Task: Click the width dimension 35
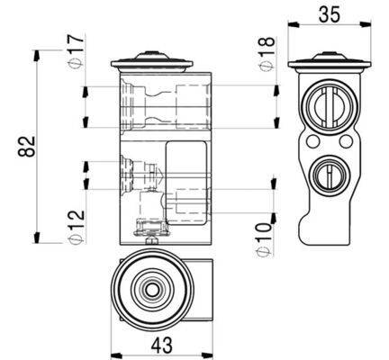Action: pos(329,14)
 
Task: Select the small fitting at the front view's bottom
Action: pos(150,231)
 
